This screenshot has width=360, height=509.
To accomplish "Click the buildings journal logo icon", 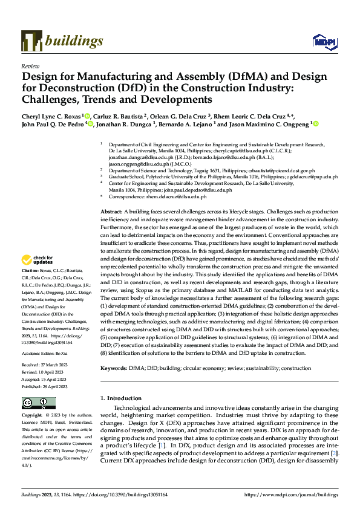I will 31,41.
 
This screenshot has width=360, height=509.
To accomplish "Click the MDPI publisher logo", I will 321,42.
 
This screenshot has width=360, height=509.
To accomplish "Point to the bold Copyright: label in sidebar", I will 32,416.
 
